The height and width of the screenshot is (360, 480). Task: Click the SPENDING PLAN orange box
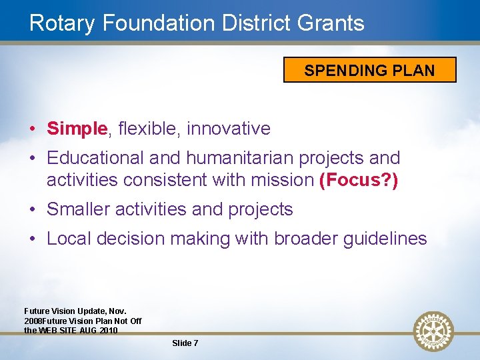click(x=369, y=70)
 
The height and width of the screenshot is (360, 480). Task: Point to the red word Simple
click(x=77, y=129)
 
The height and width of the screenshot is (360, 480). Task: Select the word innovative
click(x=229, y=129)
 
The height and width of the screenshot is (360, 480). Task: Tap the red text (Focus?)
click(x=359, y=179)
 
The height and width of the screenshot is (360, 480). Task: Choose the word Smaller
click(x=79, y=209)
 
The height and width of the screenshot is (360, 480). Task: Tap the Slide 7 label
click(x=185, y=343)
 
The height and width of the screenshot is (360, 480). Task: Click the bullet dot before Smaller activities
click(x=32, y=210)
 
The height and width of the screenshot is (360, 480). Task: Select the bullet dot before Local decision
click(x=32, y=239)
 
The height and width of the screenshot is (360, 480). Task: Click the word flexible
click(x=146, y=129)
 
